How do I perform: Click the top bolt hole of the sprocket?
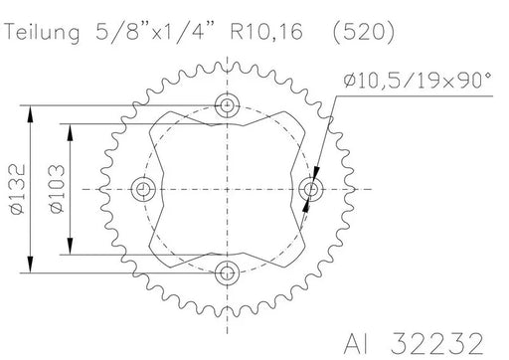point(230,105)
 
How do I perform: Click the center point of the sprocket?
point(230,188)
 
